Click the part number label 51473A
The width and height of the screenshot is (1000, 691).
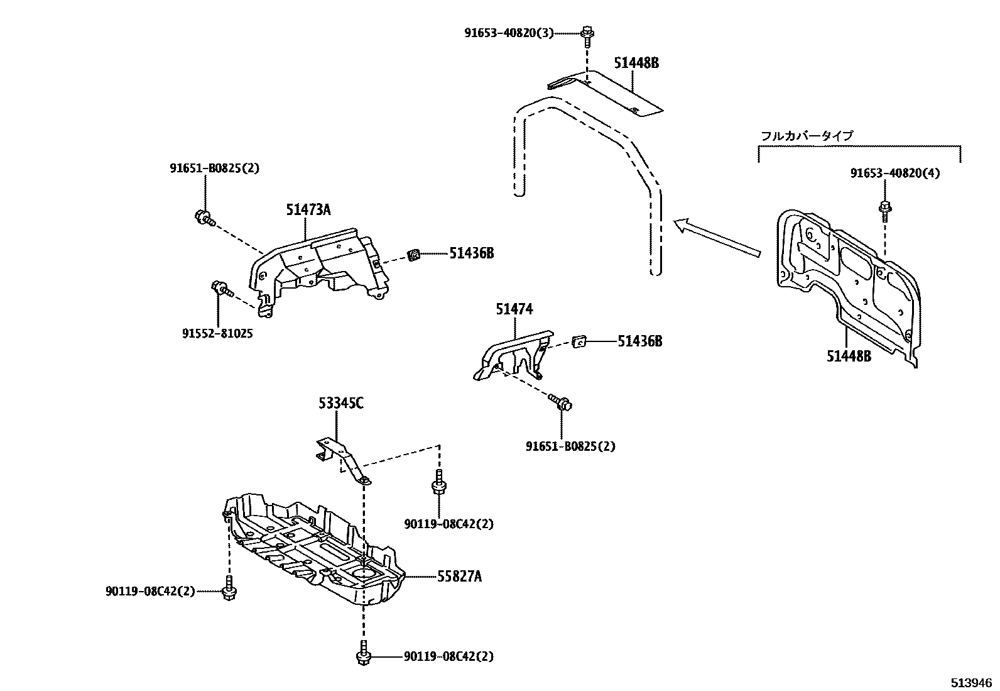308,210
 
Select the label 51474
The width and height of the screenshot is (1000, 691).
514,309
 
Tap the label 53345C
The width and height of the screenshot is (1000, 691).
339,404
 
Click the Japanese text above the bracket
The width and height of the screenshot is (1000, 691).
807,135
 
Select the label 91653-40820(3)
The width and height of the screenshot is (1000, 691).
509,33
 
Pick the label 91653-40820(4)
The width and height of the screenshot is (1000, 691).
895,173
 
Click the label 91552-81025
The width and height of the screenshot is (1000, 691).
217,334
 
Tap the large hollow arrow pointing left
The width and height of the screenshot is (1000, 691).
716,238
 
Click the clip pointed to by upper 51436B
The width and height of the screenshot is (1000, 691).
414,255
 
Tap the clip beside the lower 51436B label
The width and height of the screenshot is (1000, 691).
580,341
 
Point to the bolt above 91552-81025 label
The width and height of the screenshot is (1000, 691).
221,289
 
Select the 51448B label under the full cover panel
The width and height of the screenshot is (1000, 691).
849,357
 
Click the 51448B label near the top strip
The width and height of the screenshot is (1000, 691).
636,63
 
